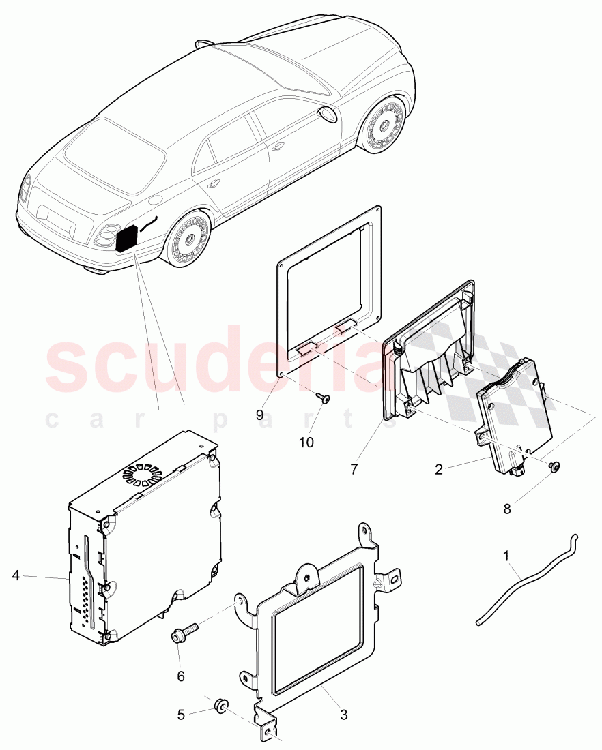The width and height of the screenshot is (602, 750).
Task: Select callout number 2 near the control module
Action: [x=439, y=469]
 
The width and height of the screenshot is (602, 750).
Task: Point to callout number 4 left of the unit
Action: [x=16, y=575]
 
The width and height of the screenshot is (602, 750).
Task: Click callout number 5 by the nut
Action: [x=181, y=715]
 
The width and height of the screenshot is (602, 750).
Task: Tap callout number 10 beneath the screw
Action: [x=306, y=442]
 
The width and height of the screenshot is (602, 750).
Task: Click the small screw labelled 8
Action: [x=554, y=468]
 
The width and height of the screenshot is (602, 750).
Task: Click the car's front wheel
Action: [x=382, y=125]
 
